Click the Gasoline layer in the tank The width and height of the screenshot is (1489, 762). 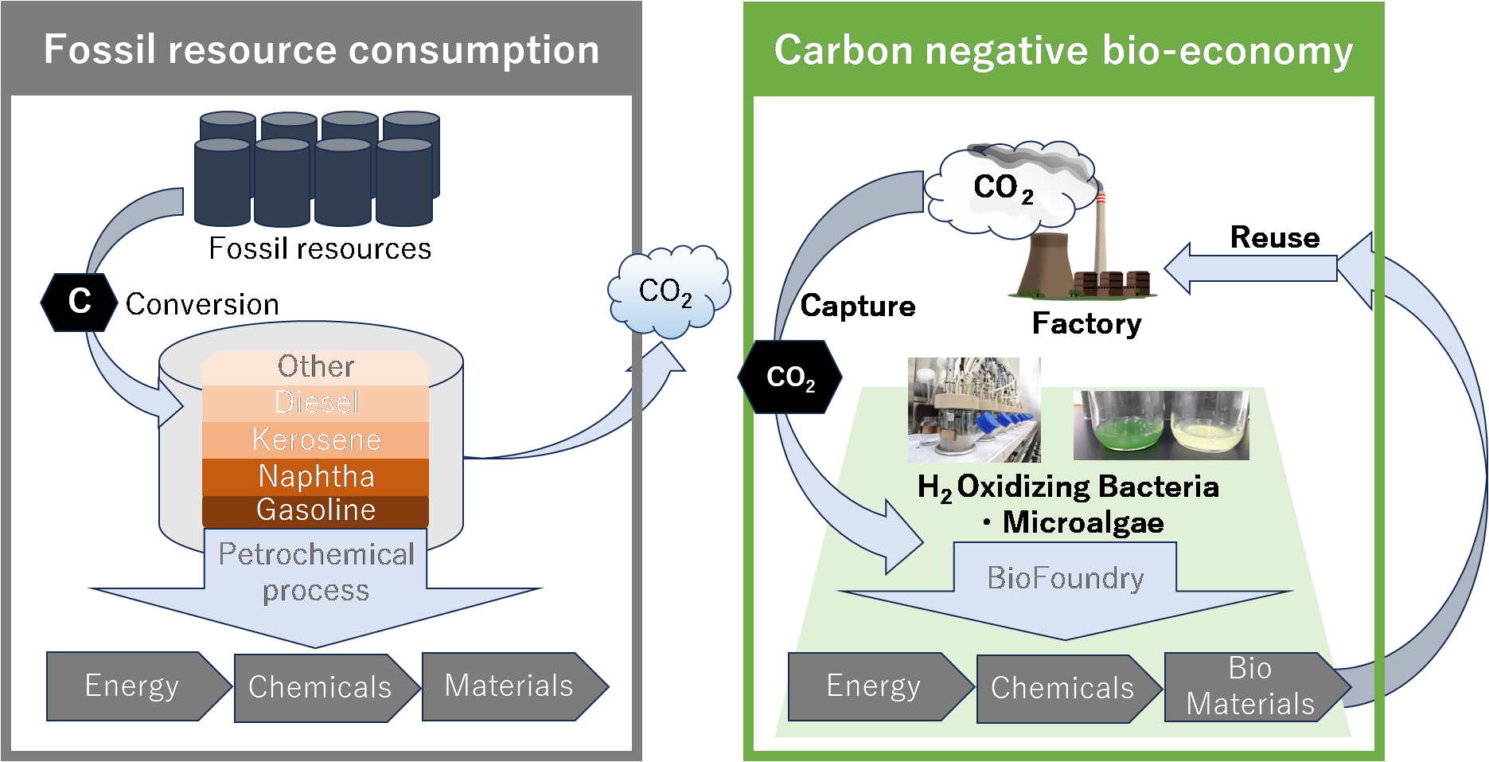pyautogui.click(x=316, y=510)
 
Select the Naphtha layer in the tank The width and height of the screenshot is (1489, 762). pyautogui.click(x=316, y=476)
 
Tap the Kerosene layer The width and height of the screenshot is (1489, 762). pyautogui.click(x=316, y=440)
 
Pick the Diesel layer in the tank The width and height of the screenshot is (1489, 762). pyautogui.click(x=316, y=403)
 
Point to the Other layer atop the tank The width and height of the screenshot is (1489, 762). pyautogui.click(x=316, y=367)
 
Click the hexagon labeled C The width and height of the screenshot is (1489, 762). pyautogui.click(x=79, y=302)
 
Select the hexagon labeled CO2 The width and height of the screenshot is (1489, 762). pyautogui.click(x=789, y=377)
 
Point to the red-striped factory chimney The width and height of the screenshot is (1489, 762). pyautogui.click(x=1101, y=231)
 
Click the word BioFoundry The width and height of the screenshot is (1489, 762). pyautogui.click(x=1065, y=578)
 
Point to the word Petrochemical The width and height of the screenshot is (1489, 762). pyautogui.click(x=316, y=554)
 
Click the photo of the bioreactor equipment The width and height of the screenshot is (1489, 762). pyautogui.click(x=974, y=409)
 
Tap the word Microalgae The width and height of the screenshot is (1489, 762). pyautogui.click(x=1082, y=523)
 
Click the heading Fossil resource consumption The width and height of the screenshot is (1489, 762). pyautogui.click(x=322, y=49)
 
